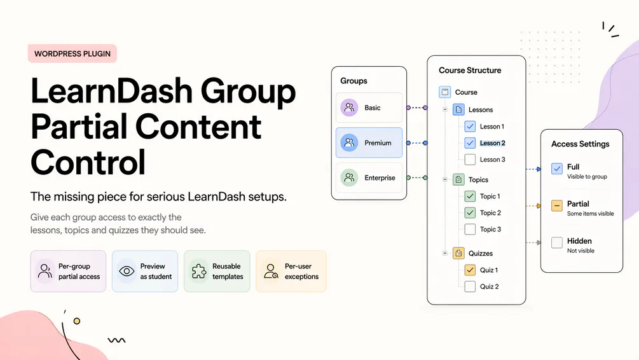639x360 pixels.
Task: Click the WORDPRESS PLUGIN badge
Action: click(72, 53)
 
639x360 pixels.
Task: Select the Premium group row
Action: click(369, 142)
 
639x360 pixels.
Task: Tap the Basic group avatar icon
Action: click(349, 107)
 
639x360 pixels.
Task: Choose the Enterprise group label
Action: click(380, 177)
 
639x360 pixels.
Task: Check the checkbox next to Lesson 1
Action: click(470, 127)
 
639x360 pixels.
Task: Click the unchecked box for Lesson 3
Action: click(470, 160)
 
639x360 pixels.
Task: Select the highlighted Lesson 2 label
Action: click(492, 143)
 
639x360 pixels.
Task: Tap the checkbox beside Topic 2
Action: click(470, 213)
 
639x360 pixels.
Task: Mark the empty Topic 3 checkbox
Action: click(470, 230)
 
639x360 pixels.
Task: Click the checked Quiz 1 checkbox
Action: click(470, 270)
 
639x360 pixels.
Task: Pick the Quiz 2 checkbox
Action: click(470, 287)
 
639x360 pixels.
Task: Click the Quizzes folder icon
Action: click(458, 253)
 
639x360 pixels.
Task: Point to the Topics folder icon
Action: click(458, 179)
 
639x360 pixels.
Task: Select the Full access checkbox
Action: click(557, 169)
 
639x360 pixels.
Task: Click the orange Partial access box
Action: click(557, 205)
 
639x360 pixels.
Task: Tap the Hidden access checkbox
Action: click(557, 242)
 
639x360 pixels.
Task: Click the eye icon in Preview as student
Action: click(127, 271)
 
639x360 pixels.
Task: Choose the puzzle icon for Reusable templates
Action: click(199, 271)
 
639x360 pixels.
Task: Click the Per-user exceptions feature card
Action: click(291, 271)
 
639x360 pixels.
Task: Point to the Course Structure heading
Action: click(470, 70)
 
